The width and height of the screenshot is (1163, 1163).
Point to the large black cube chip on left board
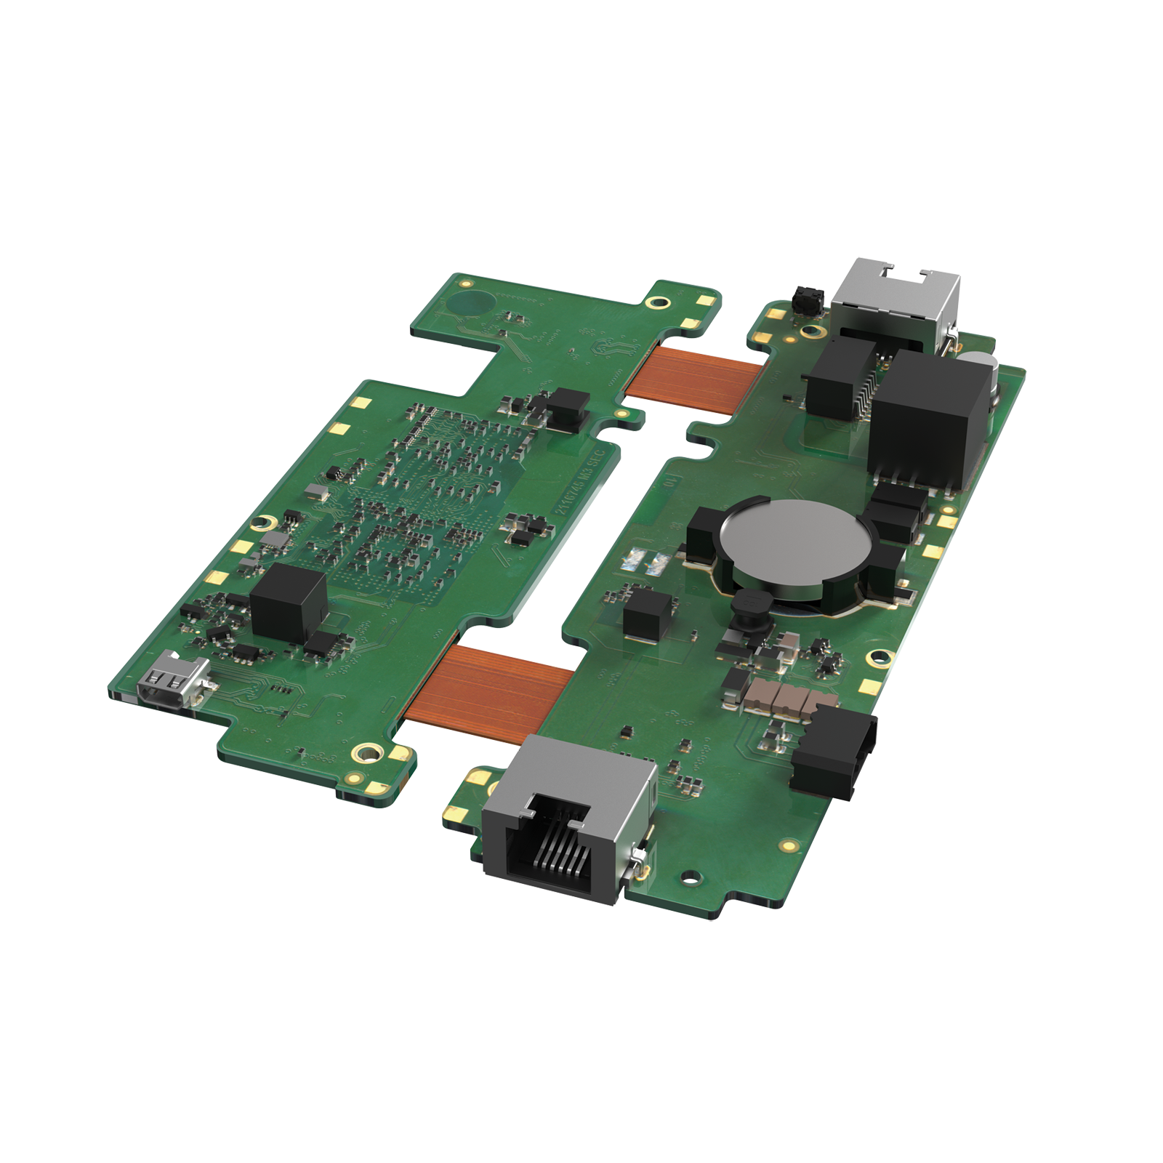point(289,603)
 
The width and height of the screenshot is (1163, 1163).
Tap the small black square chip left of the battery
point(646,613)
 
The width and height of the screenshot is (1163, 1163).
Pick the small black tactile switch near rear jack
point(808,300)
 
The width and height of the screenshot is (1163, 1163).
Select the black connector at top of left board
point(568,407)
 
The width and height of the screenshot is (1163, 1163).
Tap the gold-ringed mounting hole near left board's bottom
point(367,752)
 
